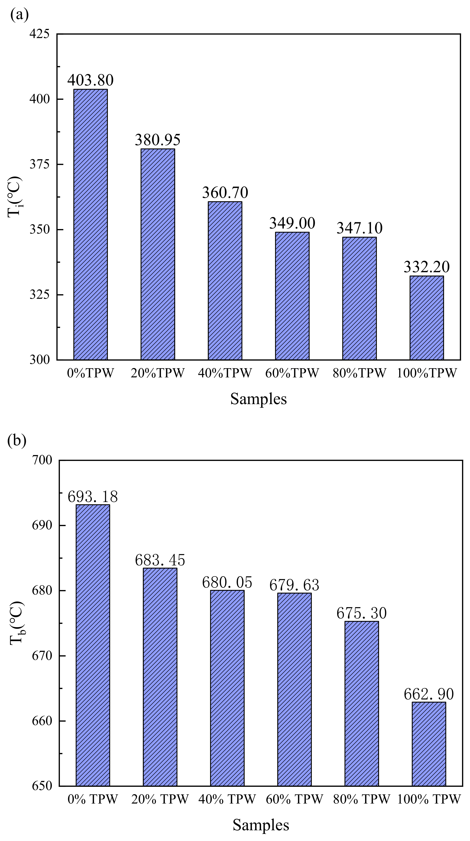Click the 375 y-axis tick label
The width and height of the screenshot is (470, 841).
point(39,164)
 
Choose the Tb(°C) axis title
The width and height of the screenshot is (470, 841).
point(16,623)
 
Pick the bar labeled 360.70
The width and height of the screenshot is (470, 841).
point(225,281)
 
